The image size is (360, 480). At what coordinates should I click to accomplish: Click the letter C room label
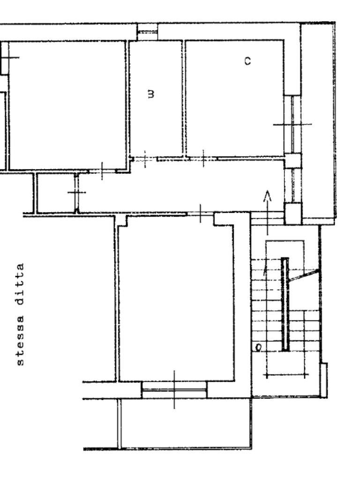pyautogui.click(x=247, y=61)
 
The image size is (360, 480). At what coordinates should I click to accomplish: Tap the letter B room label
pyautogui.click(x=150, y=94)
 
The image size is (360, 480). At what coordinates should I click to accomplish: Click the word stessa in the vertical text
pyautogui.click(x=20, y=340)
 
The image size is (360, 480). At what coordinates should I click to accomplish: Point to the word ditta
pyautogui.click(x=20, y=284)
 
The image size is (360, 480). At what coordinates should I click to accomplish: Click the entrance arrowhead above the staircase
pyautogui.click(x=268, y=196)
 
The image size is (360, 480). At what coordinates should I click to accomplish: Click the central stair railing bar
pyautogui.click(x=285, y=304)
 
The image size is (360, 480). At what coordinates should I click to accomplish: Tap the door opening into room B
pyautogui.click(x=145, y=159)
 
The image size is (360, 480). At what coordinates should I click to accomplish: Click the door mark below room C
pyautogui.click(x=203, y=158)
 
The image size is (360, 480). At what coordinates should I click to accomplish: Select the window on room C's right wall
pyautogui.click(x=292, y=124)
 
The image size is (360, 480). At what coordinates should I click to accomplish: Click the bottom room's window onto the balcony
pyautogui.click(x=174, y=390)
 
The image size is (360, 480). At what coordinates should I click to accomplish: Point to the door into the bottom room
pyautogui.click(x=200, y=213)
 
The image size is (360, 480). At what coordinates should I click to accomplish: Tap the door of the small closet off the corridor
pyautogui.click(x=76, y=192)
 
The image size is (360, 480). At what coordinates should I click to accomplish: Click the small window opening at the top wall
pyautogui.click(x=148, y=31)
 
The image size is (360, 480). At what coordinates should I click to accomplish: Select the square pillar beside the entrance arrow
pyautogui.click(x=292, y=213)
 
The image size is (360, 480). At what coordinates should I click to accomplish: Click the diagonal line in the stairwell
pyautogui.click(x=304, y=276)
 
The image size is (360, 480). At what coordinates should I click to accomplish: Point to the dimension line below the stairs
pyautogui.click(x=285, y=375)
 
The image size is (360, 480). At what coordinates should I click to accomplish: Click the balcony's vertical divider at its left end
pyautogui.click(x=120, y=423)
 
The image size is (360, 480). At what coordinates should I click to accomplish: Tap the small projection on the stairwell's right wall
pyautogui.click(x=323, y=380)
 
